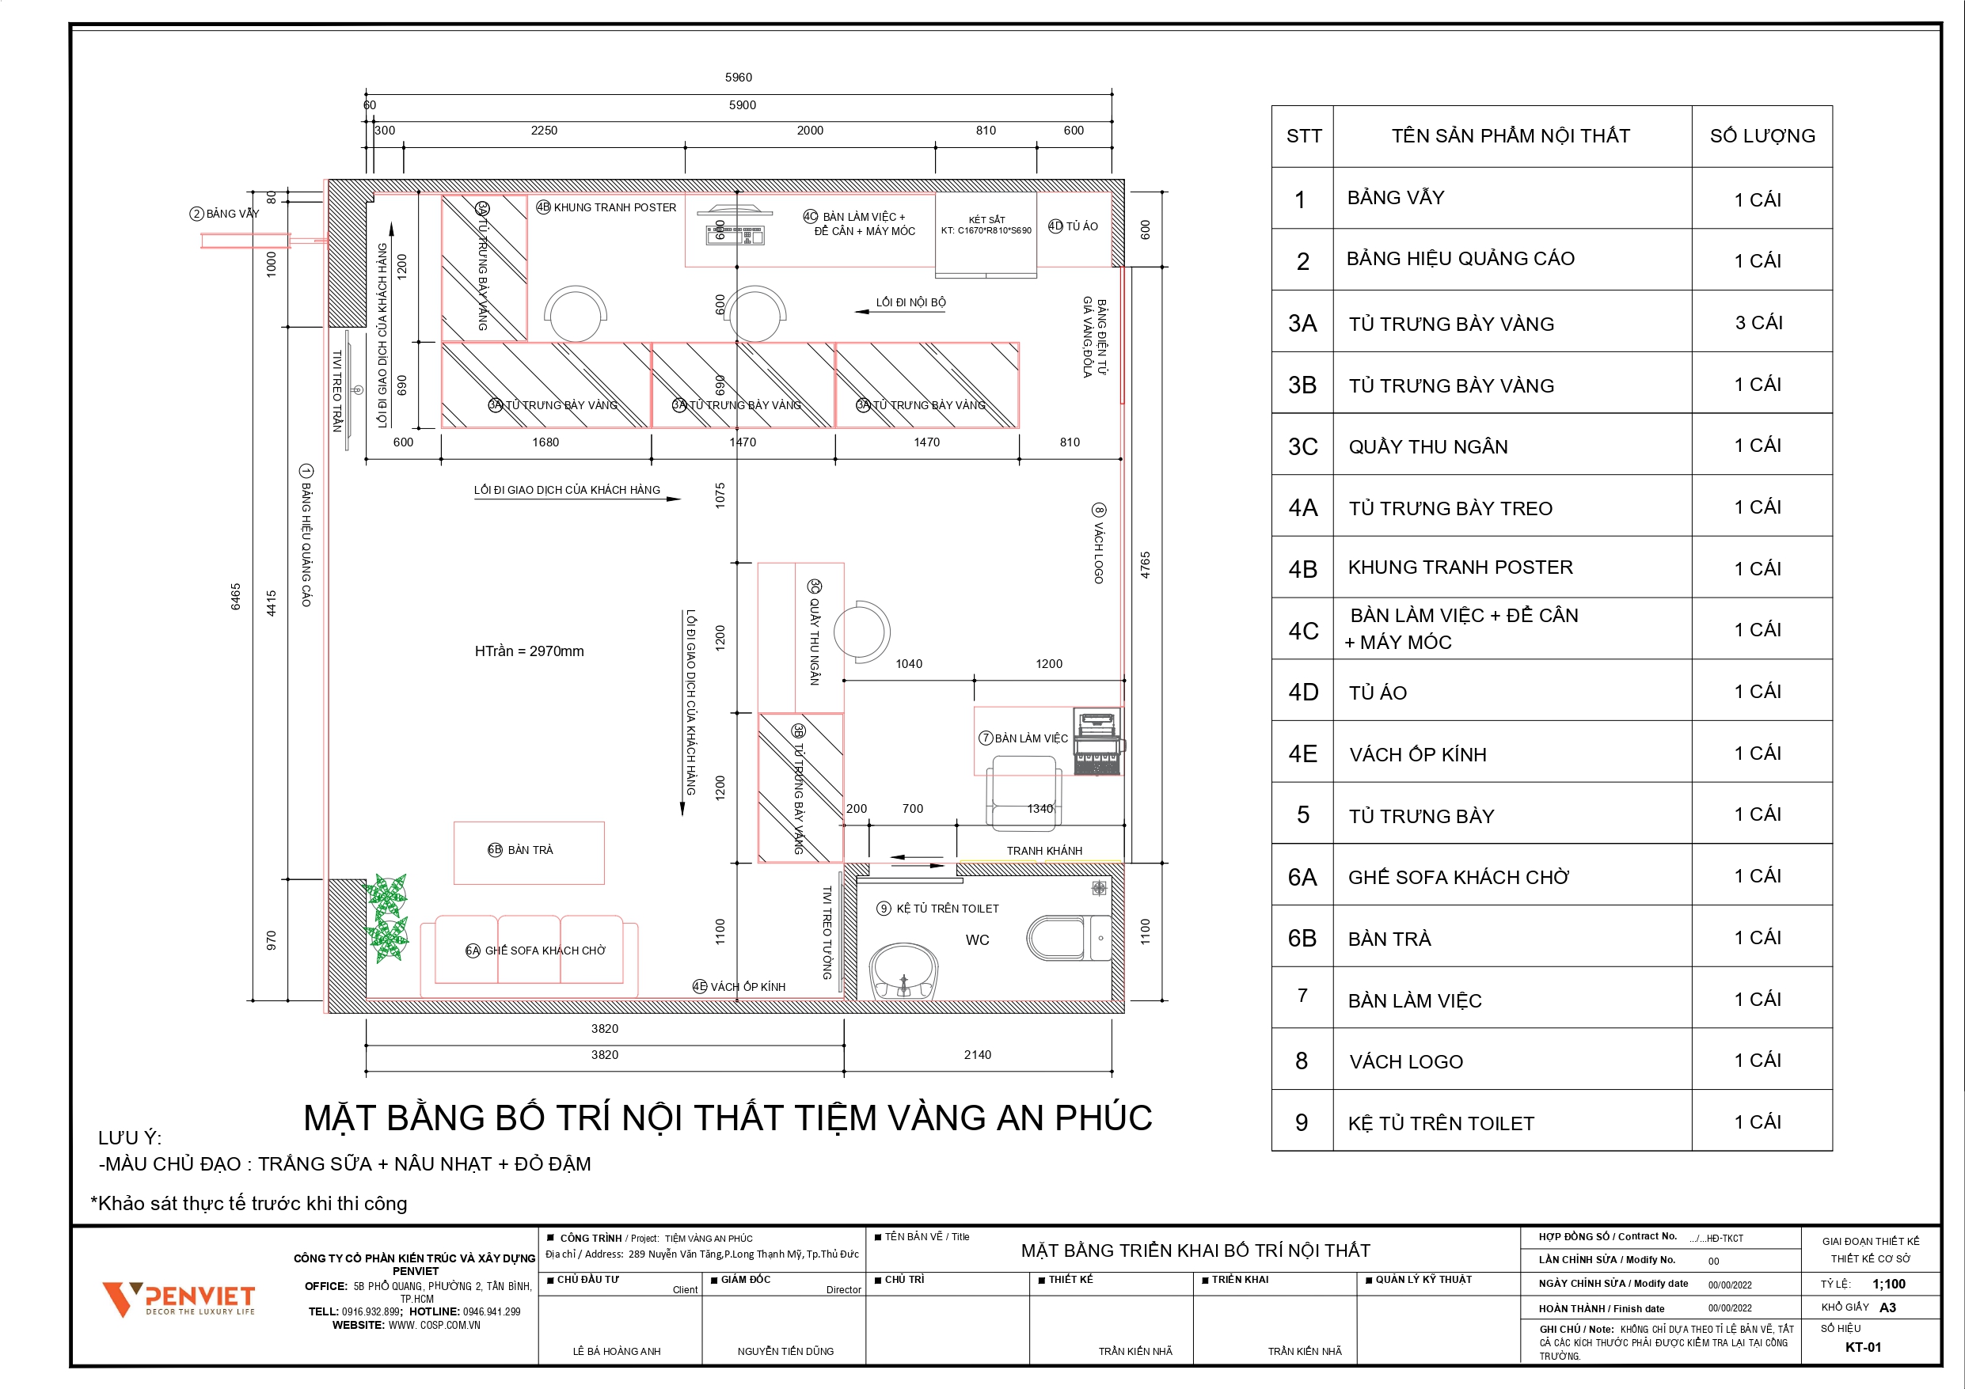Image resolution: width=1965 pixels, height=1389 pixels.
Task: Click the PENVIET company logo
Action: (x=178, y=1298)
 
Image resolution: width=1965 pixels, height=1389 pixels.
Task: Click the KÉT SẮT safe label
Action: (x=986, y=220)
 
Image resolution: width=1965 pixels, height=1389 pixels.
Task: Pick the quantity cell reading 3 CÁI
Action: (x=1758, y=323)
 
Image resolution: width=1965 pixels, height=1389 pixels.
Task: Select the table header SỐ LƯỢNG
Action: (x=1762, y=136)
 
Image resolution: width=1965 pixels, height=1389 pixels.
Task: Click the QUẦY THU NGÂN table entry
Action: (x=1427, y=446)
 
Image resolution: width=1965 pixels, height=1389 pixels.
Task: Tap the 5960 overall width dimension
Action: (x=738, y=77)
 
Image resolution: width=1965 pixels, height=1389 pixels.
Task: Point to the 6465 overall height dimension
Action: (x=235, y=597)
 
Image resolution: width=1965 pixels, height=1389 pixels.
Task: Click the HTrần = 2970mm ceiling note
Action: (x=529, y=651)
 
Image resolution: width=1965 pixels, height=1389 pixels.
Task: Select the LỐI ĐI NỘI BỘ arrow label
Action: (x=910, y=302)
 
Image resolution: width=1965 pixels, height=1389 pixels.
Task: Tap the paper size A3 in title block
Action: (x=1887, y=1307)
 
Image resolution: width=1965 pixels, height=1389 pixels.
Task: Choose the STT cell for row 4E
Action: (x=1302, y=754)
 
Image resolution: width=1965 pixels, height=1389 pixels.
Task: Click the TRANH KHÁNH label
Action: (x=1043, y=851)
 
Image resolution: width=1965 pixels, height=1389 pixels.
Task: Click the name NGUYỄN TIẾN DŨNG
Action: (x=785, y=1351)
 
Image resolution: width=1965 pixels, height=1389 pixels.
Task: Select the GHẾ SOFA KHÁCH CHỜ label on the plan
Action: (x=545, y=951)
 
